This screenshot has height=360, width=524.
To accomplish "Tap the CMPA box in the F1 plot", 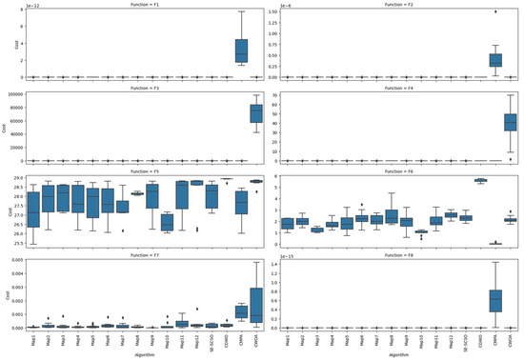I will (242, 50).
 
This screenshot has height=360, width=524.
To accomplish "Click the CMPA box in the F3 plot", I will (242, 113).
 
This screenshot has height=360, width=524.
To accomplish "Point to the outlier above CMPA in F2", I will (495, 12).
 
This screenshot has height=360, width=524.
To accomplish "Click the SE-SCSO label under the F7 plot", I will (211, 339).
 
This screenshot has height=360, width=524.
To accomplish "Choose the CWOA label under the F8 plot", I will (511, 338).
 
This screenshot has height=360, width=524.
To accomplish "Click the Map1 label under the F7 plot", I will (34, 337).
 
